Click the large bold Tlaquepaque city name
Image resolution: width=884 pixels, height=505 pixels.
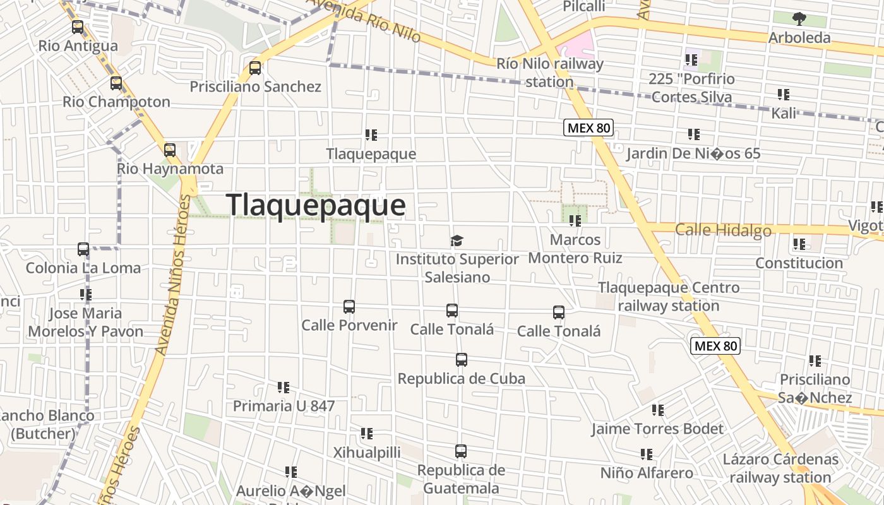(316, 206)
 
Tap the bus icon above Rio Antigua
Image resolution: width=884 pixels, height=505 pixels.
(78, 27)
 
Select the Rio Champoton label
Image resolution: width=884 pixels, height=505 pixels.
(116, 102)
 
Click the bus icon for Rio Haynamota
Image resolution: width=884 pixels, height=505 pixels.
(170, 150)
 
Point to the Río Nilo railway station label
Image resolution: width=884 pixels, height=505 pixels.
(549, 73)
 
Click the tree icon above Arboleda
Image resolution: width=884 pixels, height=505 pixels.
(799, 18)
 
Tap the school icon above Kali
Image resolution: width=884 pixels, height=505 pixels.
(784, 95)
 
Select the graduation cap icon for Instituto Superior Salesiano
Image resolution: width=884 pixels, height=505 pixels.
(457, 241)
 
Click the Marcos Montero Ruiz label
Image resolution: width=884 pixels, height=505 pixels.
(575, 249)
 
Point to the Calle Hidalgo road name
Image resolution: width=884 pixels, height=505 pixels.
(723, 230)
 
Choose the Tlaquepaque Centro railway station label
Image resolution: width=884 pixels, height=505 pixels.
(669, 297)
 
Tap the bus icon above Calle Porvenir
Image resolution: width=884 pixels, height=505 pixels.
(349, 307)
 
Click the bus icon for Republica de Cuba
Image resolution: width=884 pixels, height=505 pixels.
(462, 360)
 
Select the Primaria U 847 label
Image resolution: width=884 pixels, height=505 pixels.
(284, 406)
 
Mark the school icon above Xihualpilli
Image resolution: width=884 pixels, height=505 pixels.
(367, 434)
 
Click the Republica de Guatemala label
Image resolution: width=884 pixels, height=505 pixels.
(461, 479)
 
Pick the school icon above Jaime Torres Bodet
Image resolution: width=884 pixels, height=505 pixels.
(658, 410)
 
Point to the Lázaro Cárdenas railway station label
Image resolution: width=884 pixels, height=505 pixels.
(780, 468)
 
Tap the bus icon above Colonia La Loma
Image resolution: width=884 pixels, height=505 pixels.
(83, 249)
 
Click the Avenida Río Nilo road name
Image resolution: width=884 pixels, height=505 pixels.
(366, 20)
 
